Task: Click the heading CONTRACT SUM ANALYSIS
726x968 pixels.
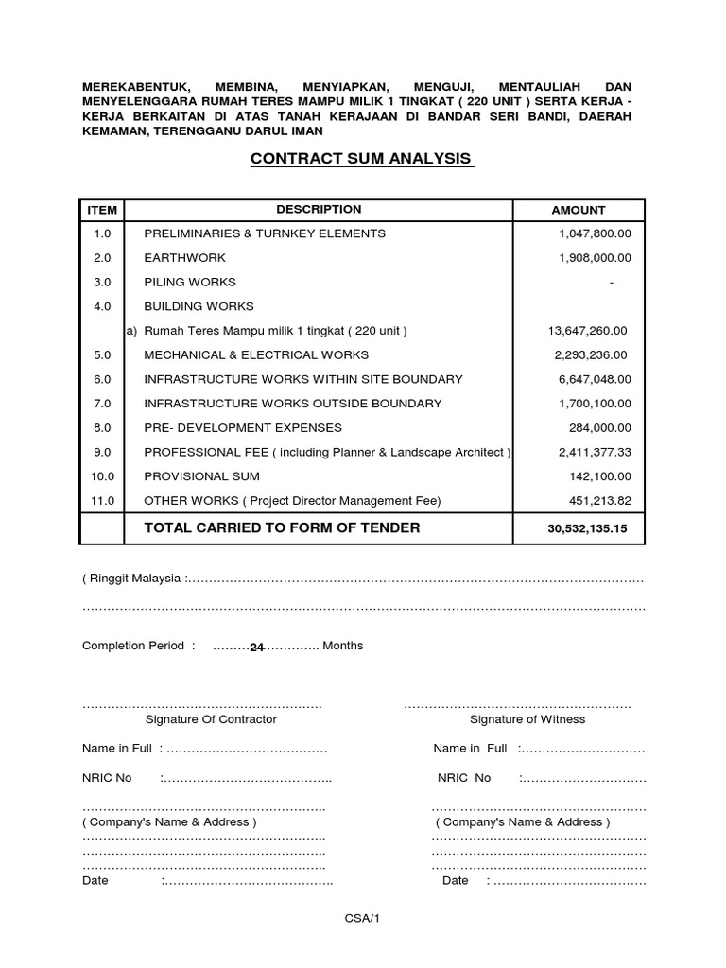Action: tap(361, 159)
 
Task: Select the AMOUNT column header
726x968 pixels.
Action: tap(578, 210)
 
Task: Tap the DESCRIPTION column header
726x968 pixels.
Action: tap(319, 209)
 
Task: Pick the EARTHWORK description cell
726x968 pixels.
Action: tap(184, 257)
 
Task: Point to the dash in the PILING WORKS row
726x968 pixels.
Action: tap(612, 283)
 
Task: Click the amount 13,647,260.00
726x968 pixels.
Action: tap(587, 331)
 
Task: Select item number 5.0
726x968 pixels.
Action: tap(102, 355)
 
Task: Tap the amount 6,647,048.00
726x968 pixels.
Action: tap(594, 379)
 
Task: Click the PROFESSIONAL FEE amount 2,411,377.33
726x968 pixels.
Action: tap(594, 452)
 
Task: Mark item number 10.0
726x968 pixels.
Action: tap(102, 476)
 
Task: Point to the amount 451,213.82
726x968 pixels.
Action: tap(597, 501)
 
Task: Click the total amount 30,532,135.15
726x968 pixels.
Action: tap(586, 529)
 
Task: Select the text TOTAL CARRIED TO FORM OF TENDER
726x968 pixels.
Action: tap(282, 527)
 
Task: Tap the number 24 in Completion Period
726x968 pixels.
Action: tap(256, 648)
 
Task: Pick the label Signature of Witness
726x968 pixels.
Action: tap(527, 719)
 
